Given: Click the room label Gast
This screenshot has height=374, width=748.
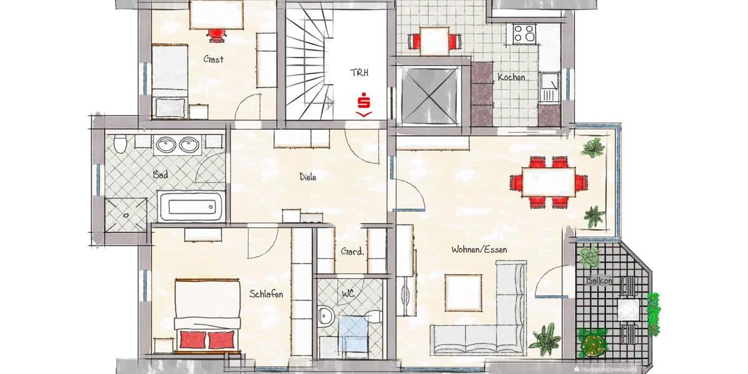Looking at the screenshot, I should [213, 59].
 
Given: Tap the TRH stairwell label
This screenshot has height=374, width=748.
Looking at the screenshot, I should [358, 72].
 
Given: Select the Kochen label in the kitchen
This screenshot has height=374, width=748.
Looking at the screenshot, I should [511, 77].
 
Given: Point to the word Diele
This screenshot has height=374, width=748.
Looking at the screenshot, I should [308, 177].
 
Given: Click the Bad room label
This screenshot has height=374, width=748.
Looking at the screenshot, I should [160, 175].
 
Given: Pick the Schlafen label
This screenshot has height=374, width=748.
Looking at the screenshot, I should [267, 294].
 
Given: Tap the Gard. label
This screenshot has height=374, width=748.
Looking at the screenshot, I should [353, 252].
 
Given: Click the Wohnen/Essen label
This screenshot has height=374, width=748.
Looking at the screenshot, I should [479, 249].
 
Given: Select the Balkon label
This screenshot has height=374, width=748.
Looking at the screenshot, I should [599, 280].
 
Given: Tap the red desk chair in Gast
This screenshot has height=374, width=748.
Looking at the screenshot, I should [216, 35].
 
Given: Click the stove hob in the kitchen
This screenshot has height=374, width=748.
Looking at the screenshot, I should [524, 33].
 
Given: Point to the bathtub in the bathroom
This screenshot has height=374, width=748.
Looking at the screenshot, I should [190, 206].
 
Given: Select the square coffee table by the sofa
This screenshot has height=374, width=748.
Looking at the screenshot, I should [463, 293].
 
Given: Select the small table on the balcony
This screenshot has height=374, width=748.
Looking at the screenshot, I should [628, 309].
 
